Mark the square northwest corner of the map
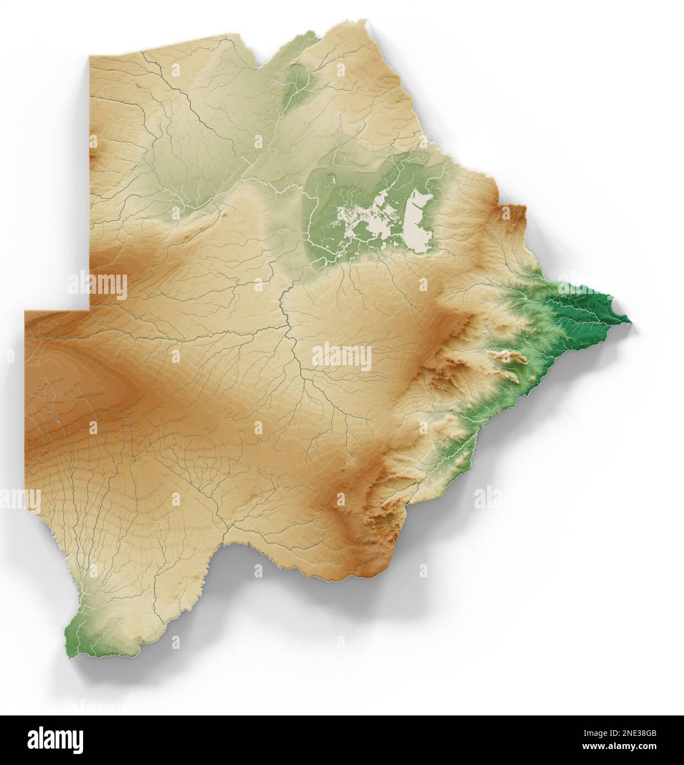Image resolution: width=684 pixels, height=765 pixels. (x=91, y=57)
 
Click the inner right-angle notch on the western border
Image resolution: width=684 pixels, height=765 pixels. (x=91, y=311)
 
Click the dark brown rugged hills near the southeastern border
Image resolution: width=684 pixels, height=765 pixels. (x=385, y=520)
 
